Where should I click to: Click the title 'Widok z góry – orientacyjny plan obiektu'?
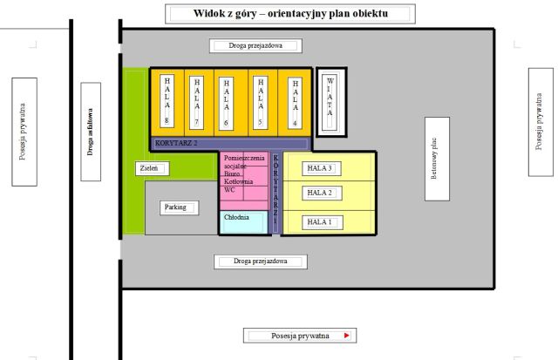[x=289, y=14]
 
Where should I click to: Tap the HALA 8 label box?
[x=167, y=99]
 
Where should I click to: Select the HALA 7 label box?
[x=197, y=99]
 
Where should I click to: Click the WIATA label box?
[x=330, y=101]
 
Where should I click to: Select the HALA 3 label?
[x=320, y=167]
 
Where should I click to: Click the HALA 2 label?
[x=320, y=193]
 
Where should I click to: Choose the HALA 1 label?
[x=320, y=222]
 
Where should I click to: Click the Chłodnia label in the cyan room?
[x=237, y=217]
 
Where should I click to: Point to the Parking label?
[x=176, y=207]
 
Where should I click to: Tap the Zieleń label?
[x=147, y=167]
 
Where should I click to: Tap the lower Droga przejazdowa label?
[x=261, y=261]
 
